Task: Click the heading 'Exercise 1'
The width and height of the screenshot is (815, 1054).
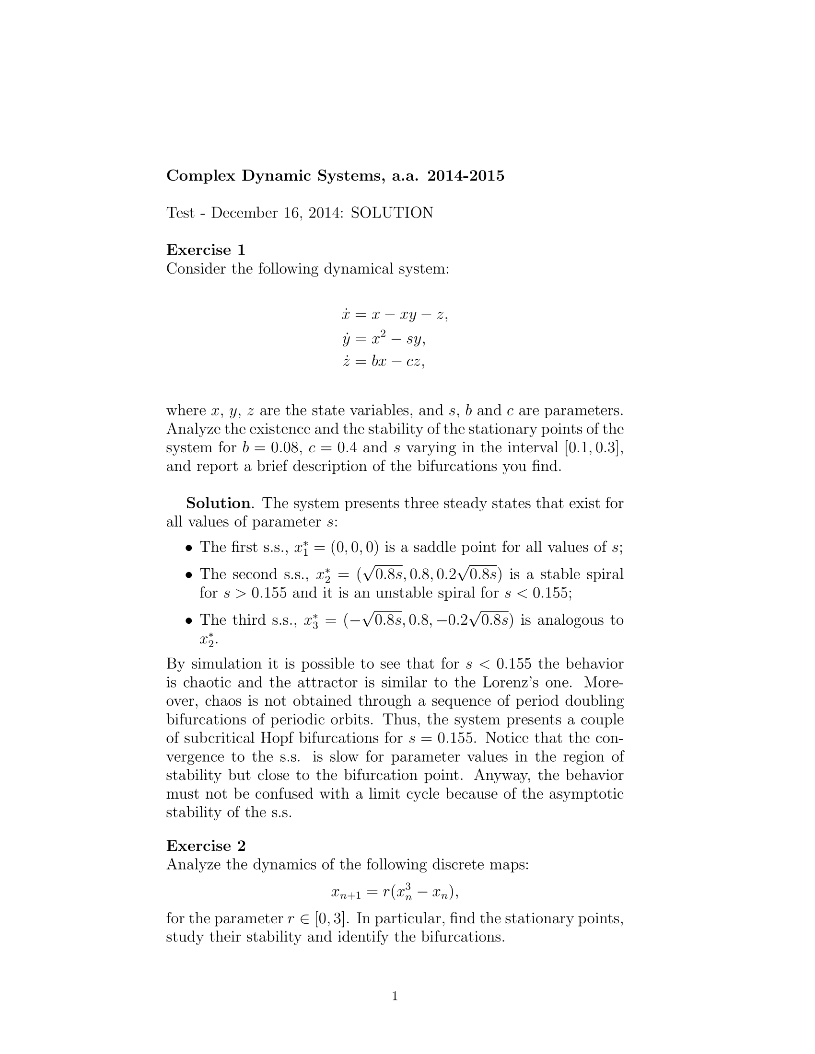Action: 206,250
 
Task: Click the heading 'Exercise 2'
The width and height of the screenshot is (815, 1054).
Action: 206,846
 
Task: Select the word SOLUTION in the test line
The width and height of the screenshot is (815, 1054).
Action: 392,213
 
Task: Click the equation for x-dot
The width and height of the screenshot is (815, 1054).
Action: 395,315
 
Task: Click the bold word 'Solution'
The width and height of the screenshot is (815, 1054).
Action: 218,504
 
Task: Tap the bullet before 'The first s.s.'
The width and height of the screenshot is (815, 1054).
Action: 189,548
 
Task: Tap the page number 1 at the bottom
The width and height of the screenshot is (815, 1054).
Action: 395,996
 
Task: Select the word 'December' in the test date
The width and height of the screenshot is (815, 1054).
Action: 244,213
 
